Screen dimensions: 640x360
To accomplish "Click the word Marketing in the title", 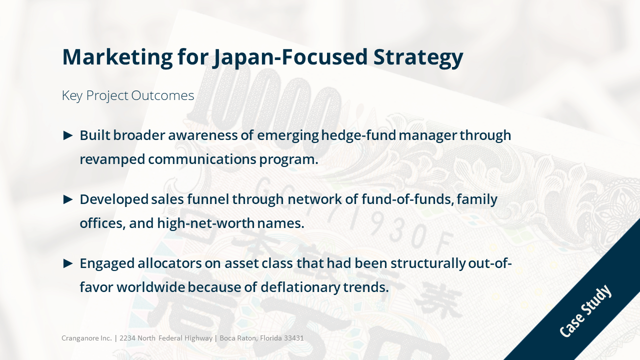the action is [x=117, y=57].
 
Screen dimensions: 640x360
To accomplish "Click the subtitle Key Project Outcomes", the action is [x=128, y=95].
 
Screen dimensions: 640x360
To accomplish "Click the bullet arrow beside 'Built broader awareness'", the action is [x=67, y=135].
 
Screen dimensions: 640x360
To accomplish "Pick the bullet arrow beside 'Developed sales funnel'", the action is [x=67, y=199].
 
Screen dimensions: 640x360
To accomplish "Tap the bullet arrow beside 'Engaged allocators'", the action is [x=67, y=263].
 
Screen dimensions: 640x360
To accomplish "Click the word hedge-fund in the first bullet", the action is [x=358, y=135].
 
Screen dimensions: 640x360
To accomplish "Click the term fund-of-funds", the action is [x=407, y=199].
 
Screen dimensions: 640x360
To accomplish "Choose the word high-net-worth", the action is [x=205, y=223].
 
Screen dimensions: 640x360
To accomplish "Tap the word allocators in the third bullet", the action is [x=169, y=263].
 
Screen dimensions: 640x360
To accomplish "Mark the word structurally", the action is [x=428, y=263].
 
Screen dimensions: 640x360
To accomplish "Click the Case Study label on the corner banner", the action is [x=585, y=310].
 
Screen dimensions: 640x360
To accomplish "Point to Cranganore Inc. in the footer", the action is [x=86, y=338].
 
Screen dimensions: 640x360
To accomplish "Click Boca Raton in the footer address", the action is [x=238, y=338].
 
